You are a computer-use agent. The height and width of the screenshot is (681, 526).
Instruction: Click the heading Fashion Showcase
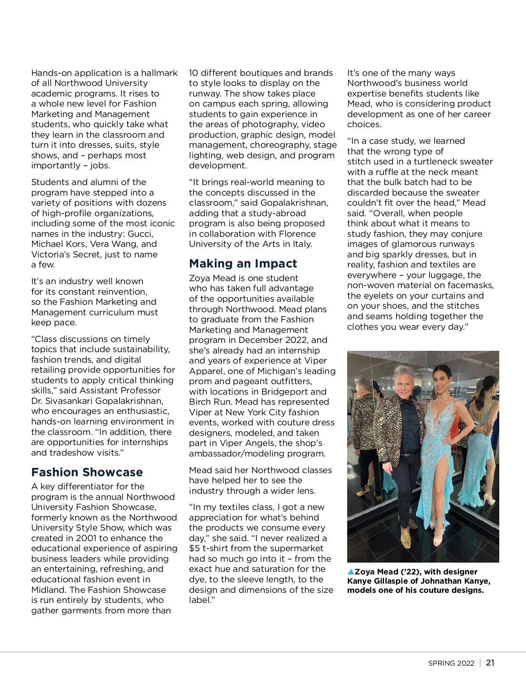click(87, 472)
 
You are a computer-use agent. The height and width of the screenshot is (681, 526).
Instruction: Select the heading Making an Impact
click(243, 264)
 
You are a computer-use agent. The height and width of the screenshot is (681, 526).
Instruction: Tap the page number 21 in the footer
click(490, 663)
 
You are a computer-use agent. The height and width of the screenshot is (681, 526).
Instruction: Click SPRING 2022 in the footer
click(451, 663)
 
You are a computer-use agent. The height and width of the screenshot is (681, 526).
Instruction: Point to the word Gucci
click(140, 234)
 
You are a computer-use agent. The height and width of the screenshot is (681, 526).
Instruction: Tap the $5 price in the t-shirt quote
click(194, 549)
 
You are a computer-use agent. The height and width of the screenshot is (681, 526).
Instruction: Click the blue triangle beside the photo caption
click(350, 571)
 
